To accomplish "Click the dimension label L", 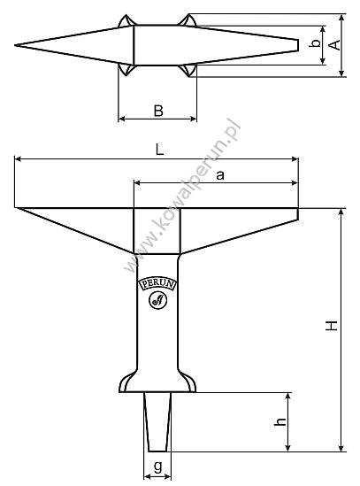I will (159, 150).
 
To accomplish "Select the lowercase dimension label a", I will (220, 175).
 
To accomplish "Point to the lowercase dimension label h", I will (280, 423).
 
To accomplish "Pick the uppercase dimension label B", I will (157, 111).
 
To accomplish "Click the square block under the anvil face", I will (157, 230).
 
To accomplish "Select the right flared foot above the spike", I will (188, 382).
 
